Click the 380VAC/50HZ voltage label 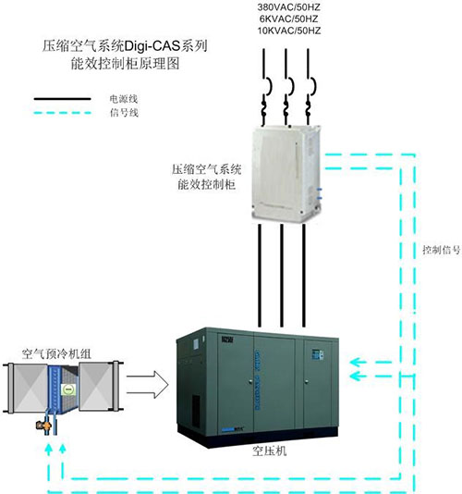pos(289,6)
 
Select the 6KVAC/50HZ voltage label pos(289,19)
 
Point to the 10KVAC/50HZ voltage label pos(289,31)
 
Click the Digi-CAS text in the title pos(152,46)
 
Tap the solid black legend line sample pos(62,99)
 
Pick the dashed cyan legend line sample pos(62,113)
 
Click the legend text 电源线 pos(124,99)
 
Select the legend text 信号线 pos(124,113)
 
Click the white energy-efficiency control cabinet pos(286,173)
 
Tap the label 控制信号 pos(442,250)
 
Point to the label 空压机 pos(270,451)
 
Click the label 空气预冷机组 pos(56,353)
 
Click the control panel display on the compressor pos(317,354)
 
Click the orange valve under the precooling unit pos(43,426)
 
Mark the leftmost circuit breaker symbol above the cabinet pos(268,86)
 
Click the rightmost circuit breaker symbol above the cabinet pos(311,86)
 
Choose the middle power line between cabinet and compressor pos(282,276)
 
